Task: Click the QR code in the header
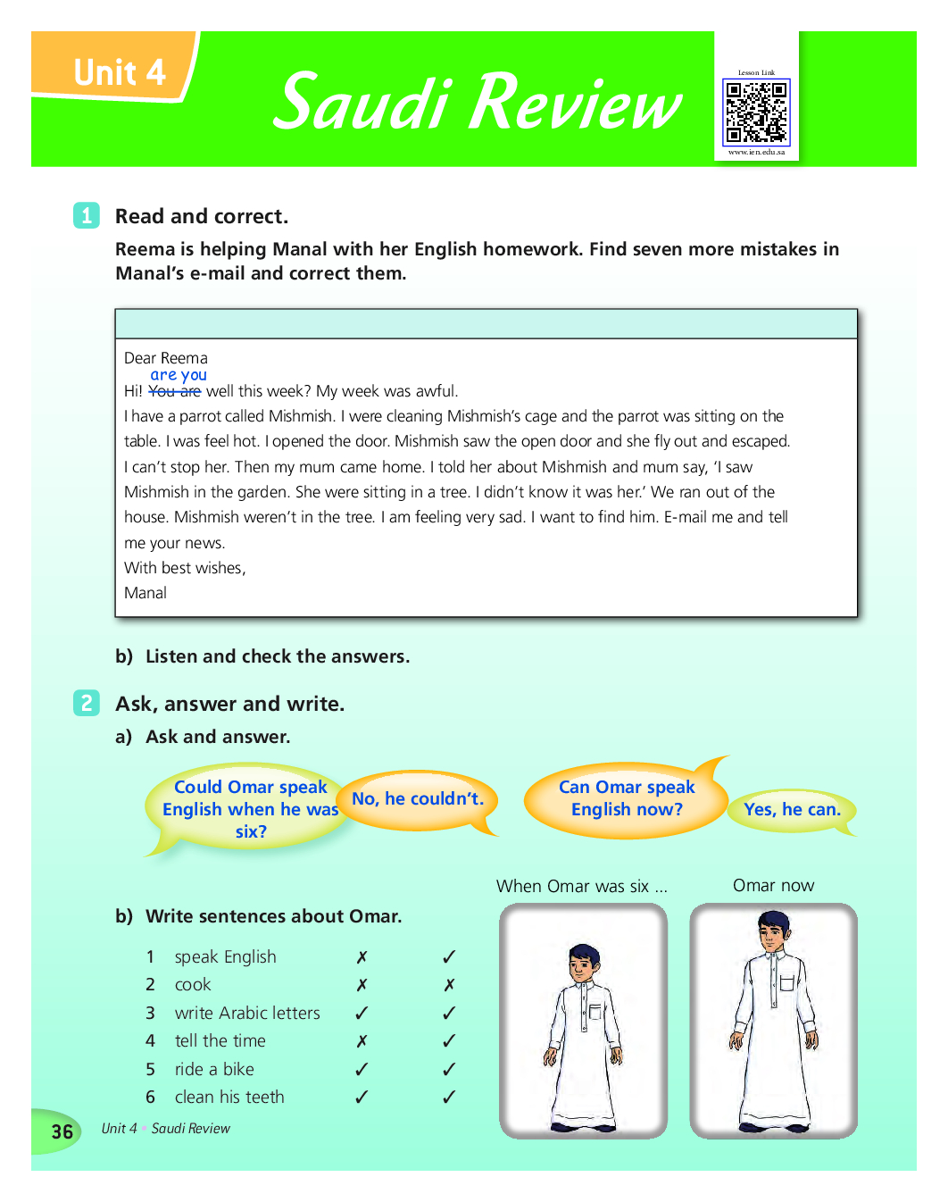756,113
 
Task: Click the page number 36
62,1131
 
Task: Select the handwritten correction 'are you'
179,375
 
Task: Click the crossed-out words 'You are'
174,391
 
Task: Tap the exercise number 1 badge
87,215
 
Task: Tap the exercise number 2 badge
87,703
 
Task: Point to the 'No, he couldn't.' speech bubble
417,799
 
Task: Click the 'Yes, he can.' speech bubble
792,809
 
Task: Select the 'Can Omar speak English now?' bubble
626,798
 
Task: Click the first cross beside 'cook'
362,985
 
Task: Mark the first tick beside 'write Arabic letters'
362,1013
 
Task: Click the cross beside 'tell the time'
362,1041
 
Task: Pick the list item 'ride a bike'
214,1069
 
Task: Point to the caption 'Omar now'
773,885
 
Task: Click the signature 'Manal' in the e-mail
146,593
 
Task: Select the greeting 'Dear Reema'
166,358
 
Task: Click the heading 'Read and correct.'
202,216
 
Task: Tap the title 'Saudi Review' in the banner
478,102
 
